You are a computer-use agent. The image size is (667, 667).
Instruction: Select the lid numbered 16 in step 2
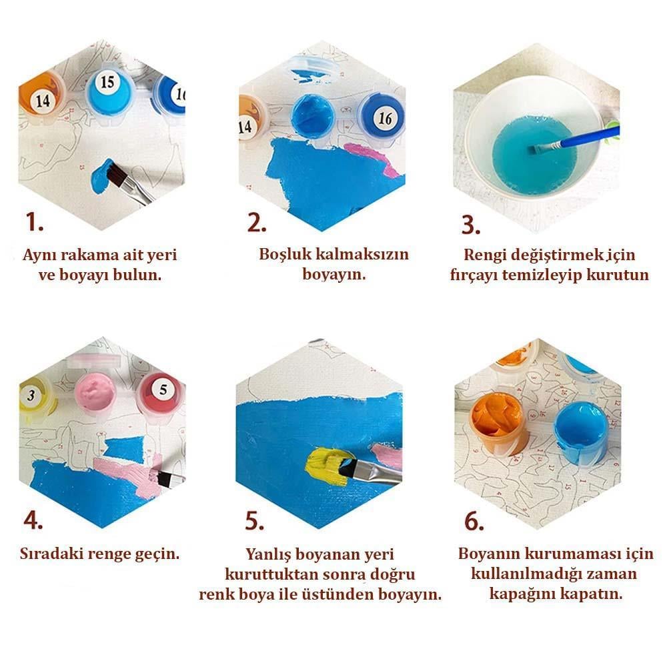(381, 117)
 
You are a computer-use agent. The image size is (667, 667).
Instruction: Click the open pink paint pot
(95, 394)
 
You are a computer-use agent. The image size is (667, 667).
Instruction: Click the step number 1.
(34, 221)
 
